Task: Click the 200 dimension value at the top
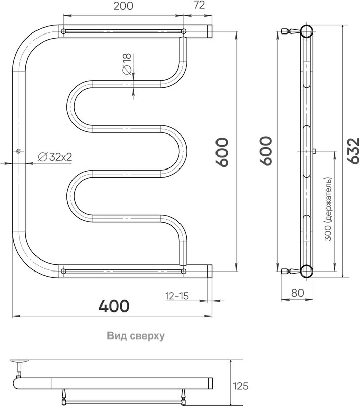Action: coord(123,6)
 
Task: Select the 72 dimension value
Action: coord(199,5)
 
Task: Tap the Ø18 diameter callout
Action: coord(127,64)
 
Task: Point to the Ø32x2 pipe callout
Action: coord(55,157)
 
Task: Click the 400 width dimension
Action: coord(114,306)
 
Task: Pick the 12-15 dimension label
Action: coord(177,296)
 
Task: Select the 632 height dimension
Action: coord(353,151)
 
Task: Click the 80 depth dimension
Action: coord(298,293)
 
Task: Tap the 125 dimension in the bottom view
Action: coord(241,386)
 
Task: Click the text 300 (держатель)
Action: coord(328,209)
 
